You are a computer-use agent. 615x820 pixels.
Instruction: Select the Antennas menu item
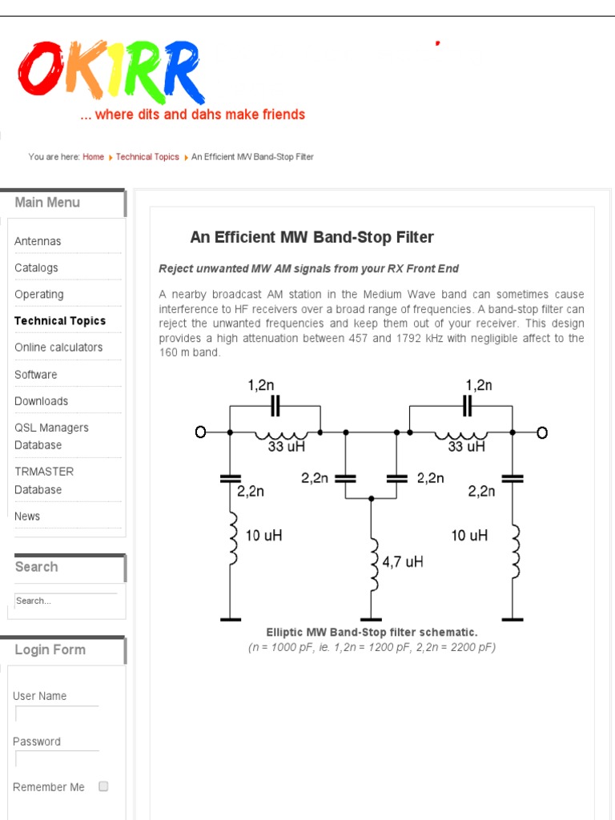pyautogui.click(x=38, y=241)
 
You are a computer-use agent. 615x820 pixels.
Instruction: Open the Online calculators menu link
pyautogui.click(x=58, y=348)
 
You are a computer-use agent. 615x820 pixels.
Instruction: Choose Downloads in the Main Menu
pyautogui.click(x=41, y=401)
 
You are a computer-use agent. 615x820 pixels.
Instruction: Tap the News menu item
pyautogui.click(x=27, y=517)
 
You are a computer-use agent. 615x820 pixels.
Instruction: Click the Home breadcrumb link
pyautogui.click(x=93, y=157)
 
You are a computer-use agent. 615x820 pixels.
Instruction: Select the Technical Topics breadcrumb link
pyautogui.click(x=147, y=157)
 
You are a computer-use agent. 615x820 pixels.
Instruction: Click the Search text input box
pyautogui.click(x=66, y=601)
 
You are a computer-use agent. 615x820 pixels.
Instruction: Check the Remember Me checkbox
pyautogui.click(x=103, y=786)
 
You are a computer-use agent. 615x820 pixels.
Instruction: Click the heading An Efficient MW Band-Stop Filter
pyautogui.click(x=312, y=237)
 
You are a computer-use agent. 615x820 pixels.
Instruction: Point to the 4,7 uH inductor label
pyautogui.click(x=403, y=562)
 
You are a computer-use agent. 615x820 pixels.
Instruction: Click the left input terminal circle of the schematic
pyautogui.click(x=201, y=432)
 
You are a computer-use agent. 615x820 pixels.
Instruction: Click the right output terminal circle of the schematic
pyautogui.click(x=542, y=432)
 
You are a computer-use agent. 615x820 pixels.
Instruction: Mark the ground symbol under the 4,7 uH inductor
pyautogui.click(x=371, y=618)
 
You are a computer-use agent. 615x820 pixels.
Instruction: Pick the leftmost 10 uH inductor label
pyautogui.click(x=263, y=535)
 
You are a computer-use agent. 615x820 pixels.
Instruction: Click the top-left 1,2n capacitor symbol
pyautogui.click(x=275, y=406)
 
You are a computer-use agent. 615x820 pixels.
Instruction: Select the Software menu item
pyautogui.click(x=36, y=375)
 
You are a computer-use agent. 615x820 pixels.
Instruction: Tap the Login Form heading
pyautogui.click(x=50, y=650)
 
